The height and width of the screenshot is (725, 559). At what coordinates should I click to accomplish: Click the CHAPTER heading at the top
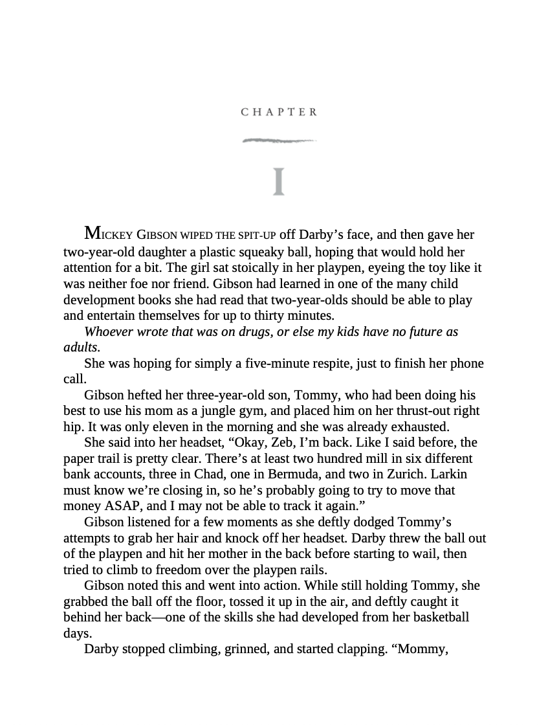[279, 112]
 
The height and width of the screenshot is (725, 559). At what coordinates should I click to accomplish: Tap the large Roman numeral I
[279, 181]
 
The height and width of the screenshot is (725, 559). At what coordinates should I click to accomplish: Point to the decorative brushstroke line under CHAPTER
[279, 140]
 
